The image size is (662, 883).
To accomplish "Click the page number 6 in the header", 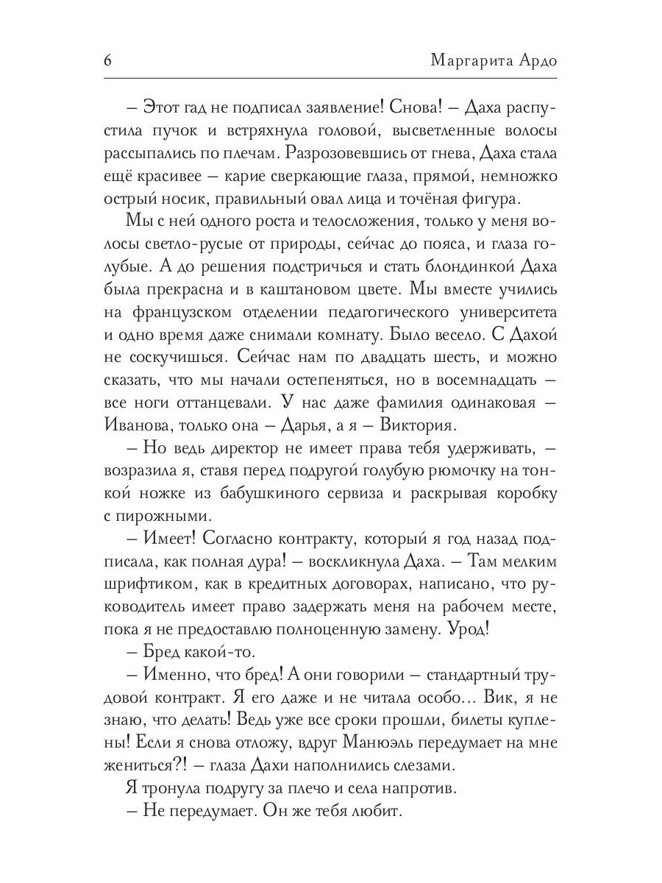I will click(107, 61).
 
